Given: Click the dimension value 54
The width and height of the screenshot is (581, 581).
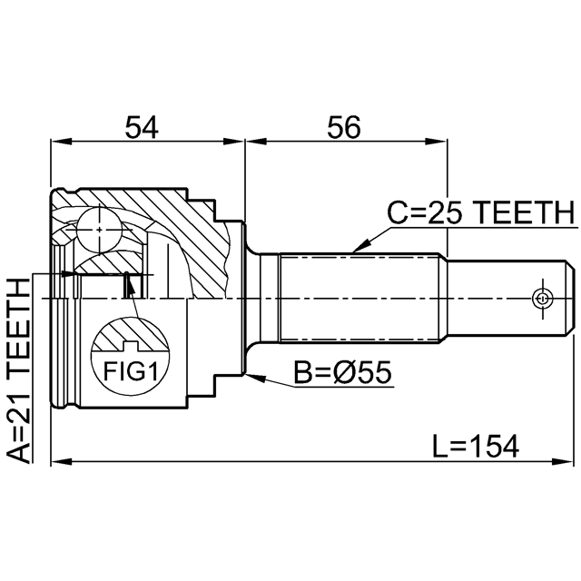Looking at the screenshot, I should click(x=143, y=128).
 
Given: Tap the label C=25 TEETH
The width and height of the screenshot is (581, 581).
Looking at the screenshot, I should click(x=480, y=213).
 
